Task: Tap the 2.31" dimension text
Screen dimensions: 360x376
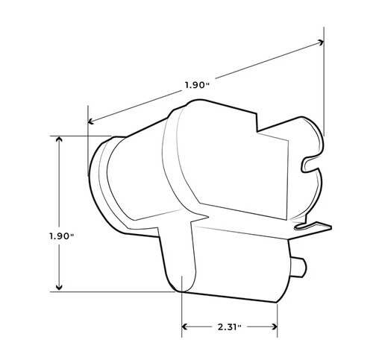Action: click(x=230, y=326)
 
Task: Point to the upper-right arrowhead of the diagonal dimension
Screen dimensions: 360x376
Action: click(x=320, y=42)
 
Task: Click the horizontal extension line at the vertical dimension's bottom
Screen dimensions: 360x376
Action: click(x=119, y=291)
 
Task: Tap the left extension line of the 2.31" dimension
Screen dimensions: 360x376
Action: click(x=182, y=313)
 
